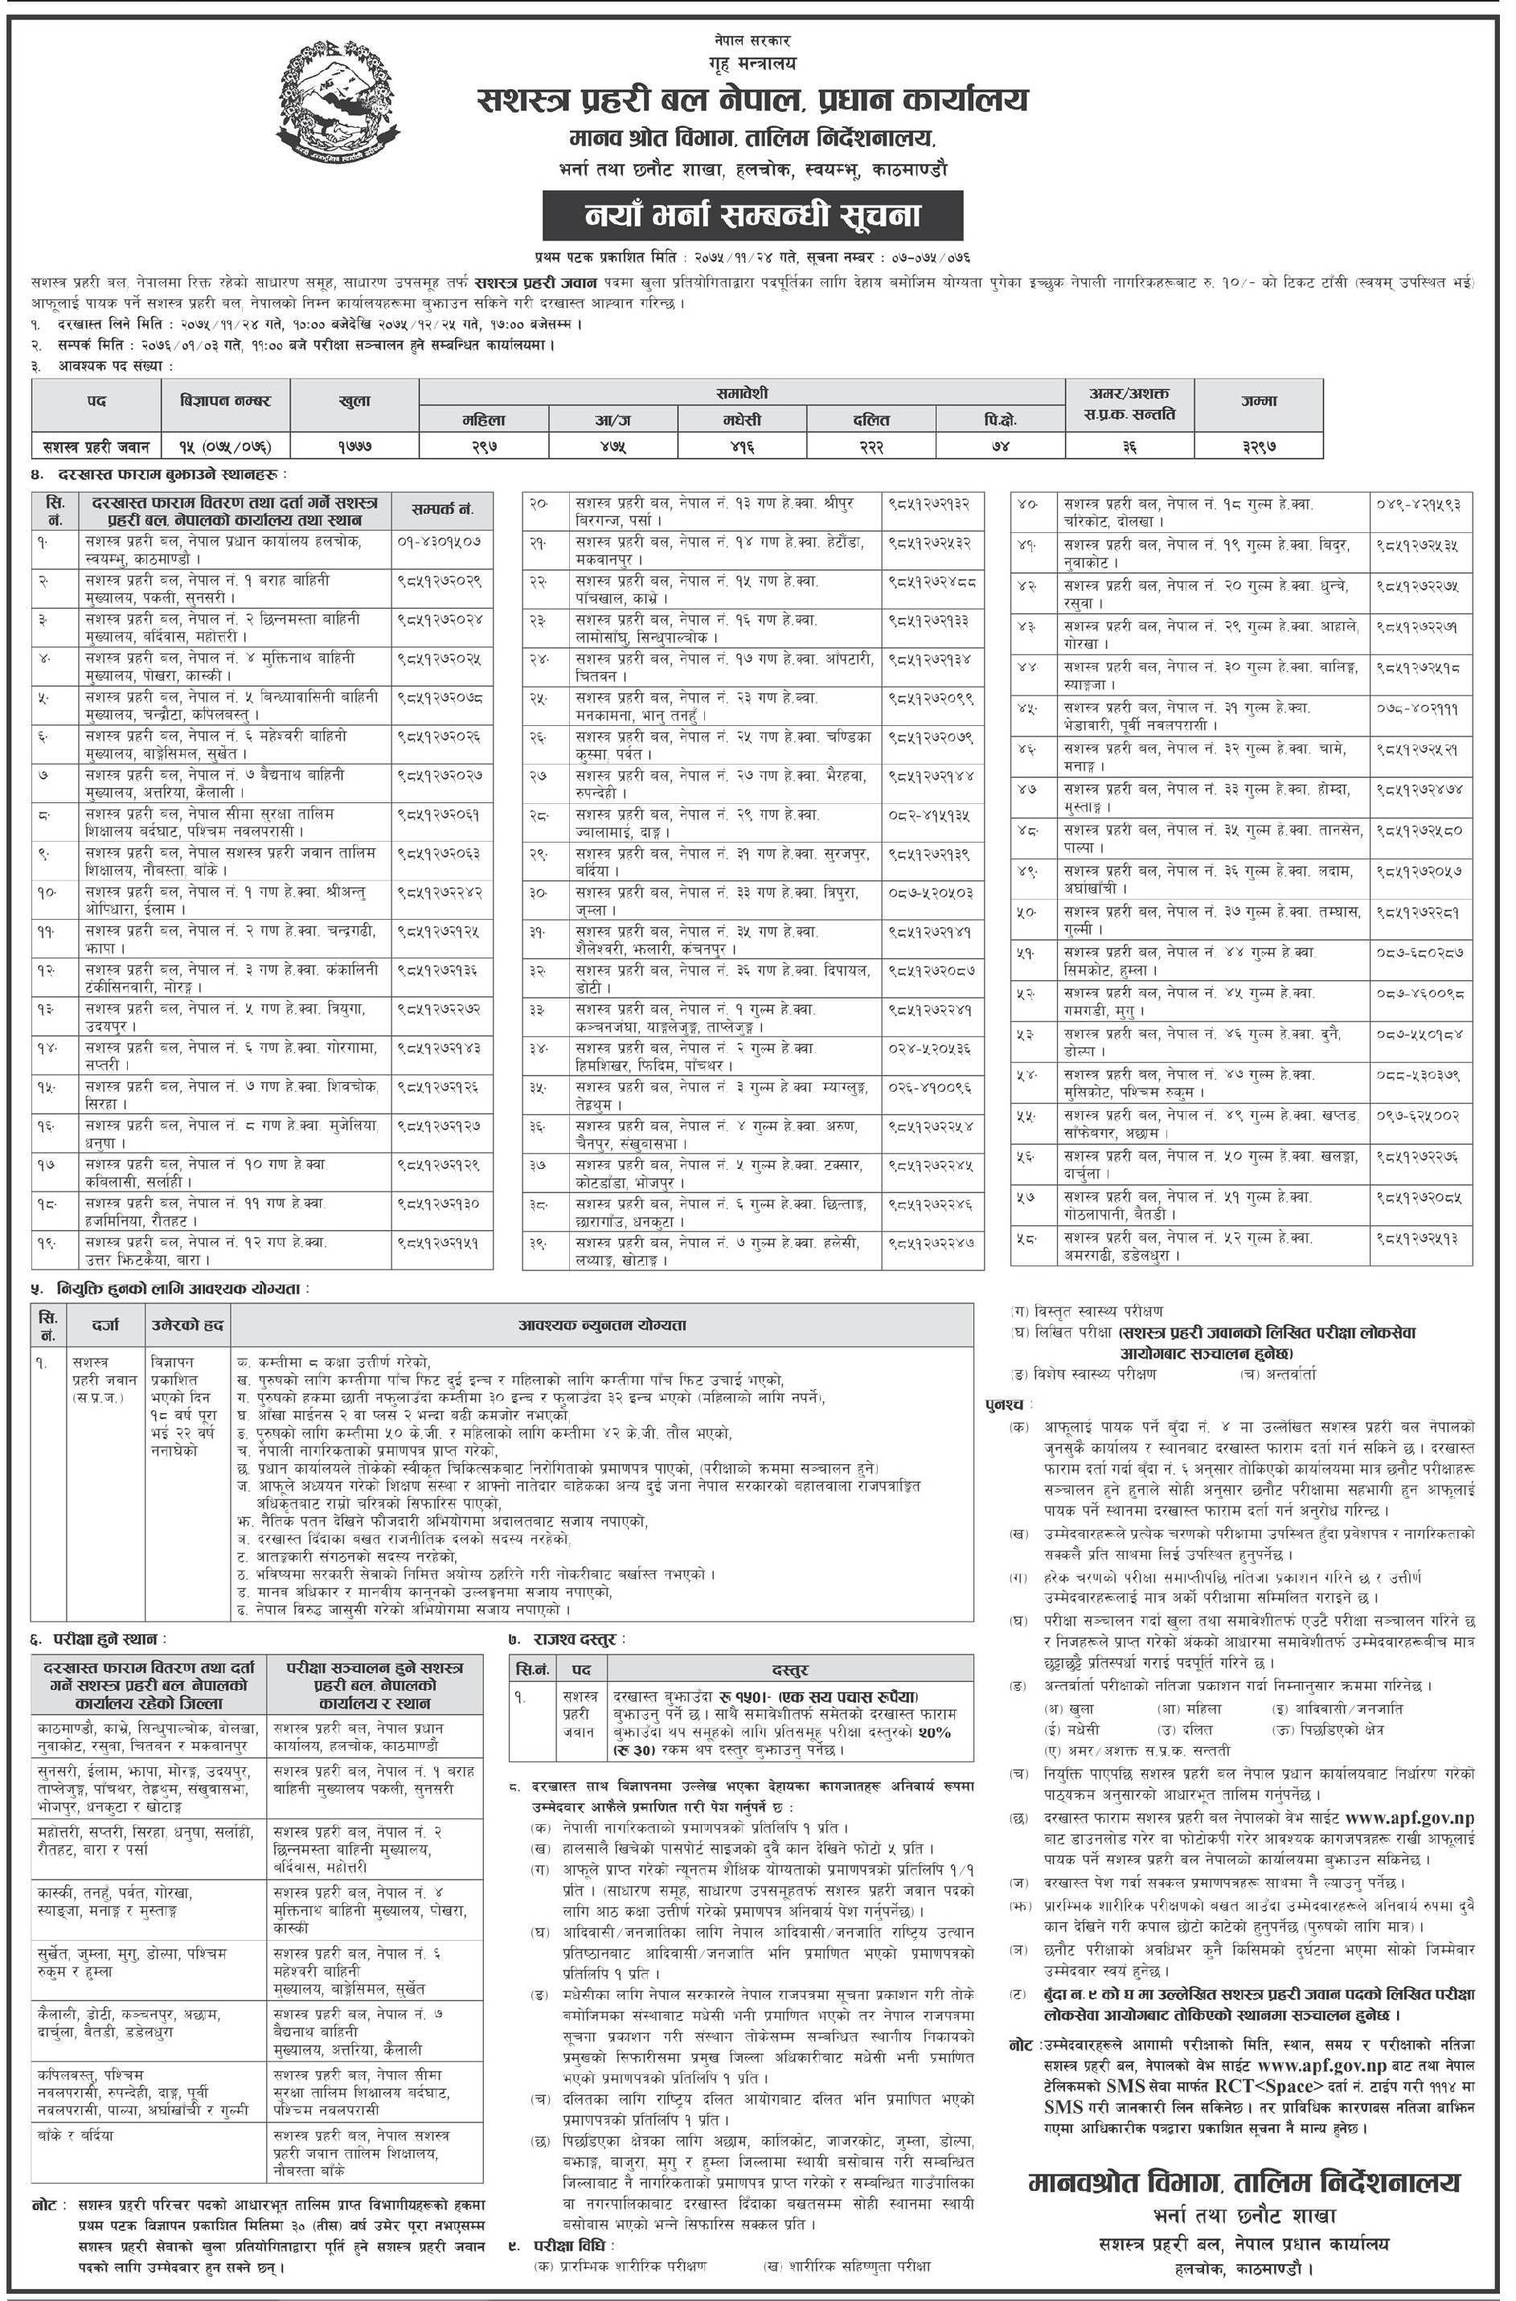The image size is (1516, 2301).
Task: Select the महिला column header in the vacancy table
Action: click(x=483, y=420)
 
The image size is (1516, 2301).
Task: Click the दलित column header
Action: click(x=871, y=420)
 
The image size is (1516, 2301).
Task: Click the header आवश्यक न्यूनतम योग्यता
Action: click(x=600, y=1324)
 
